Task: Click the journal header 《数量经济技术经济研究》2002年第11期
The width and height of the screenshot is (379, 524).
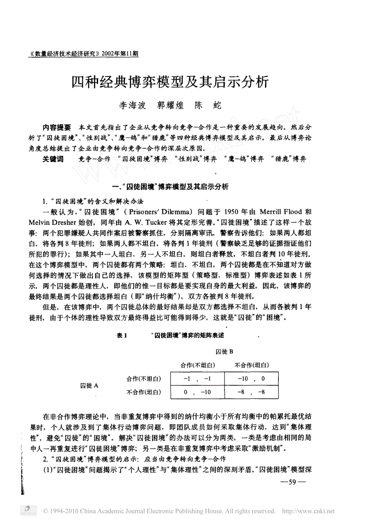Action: [x=84, y=54]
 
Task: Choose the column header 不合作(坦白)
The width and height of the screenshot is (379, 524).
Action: [x=252, y=365]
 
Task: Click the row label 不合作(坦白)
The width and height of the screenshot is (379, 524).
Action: [x=143, y=392]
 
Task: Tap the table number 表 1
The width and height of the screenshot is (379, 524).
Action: [x=122, y=336]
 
